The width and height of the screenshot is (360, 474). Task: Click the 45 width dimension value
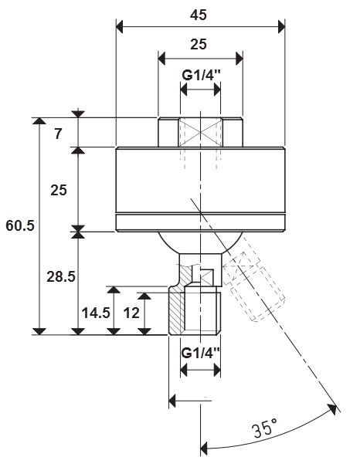point(199,15)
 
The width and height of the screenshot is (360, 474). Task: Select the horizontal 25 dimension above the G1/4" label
point(199,44)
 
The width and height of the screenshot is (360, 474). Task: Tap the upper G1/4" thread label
point(201,75)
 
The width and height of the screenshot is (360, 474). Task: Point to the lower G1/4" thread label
point(200,353)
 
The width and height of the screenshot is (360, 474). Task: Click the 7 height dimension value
point(59,134)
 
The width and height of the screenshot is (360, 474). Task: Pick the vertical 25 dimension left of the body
point(59,191)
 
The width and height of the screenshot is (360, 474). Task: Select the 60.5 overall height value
point(20,225)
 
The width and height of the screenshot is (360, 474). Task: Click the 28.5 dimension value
point(61,276)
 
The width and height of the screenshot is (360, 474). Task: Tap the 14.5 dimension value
point(96,313)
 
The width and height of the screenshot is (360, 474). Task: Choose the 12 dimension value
point(131,313)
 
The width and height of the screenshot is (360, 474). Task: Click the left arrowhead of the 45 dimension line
point(120,27)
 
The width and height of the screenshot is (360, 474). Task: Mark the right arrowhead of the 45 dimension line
point(282,27)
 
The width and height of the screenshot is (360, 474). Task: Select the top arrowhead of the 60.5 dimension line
point(39,121)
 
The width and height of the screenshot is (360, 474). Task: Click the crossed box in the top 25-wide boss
point(200,133)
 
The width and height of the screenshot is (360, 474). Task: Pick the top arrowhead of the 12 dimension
point(144,296)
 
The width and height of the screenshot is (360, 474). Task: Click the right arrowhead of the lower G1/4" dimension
point(217,370)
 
